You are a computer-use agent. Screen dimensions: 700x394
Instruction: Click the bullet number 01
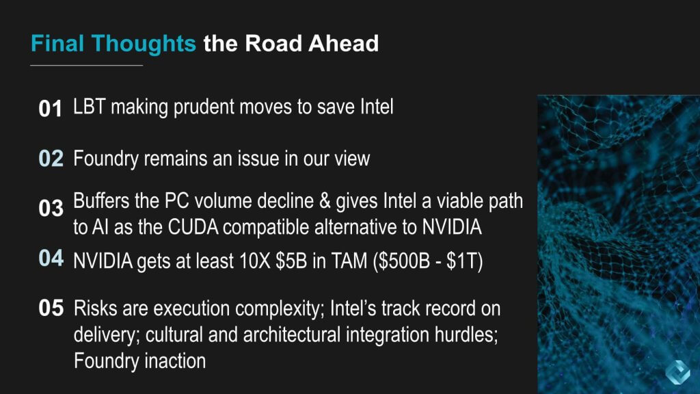coord(50,109)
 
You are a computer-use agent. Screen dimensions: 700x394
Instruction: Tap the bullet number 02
coord(51,159)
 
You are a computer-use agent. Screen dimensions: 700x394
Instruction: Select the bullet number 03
coord(51,208)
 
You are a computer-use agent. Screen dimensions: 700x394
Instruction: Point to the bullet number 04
coord(51,258)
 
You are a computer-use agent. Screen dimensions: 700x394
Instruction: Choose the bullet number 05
coord(51,308)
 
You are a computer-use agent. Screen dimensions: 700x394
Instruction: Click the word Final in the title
coord(57,43)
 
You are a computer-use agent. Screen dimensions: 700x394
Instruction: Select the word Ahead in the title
coord(343,43)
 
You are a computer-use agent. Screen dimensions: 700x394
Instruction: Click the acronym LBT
coord(89,107)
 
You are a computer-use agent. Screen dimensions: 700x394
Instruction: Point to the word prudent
coord(204,108)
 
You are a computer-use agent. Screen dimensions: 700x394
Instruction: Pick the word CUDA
coord(193,227)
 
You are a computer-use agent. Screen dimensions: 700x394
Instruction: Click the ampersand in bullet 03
coord(325,201)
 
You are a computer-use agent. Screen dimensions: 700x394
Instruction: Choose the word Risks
coord(95,308)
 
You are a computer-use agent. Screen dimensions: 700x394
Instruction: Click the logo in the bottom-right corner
coord(677,372)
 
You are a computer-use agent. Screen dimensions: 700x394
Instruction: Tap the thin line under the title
coord(87,65)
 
